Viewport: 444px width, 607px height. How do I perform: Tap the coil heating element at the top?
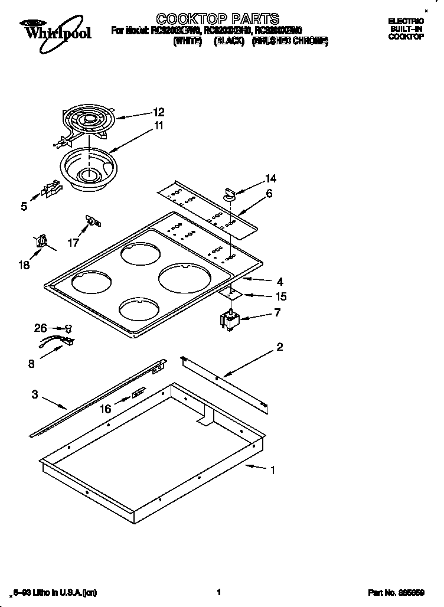[x=89, y=122]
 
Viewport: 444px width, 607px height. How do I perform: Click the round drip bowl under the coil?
[x=89, y=169]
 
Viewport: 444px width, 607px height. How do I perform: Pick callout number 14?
[x=270, y=178]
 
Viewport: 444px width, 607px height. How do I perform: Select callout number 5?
[x=24, y=207]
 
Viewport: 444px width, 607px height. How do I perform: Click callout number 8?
[x=31, y=364]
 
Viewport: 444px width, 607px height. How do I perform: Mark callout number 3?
[x=35, y=394]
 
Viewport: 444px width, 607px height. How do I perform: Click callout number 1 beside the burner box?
[x=272, y=471]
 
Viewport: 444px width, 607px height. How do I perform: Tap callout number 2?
[x=280, y=347]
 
